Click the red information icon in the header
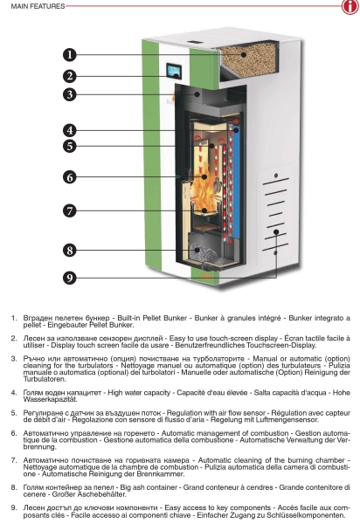tap(350, 6)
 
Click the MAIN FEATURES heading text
tap(38, 6)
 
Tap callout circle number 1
tap(70, 54)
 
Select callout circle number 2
tap(70, 76)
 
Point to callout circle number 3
tap(70, 94)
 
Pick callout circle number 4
tap(70, 130)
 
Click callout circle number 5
tap(70, 146)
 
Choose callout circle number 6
tap(70, 176)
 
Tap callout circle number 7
tap(70, 210)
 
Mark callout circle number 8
tap(70, 251)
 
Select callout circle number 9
tap(70, 278)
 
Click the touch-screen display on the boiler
tap(174, 71)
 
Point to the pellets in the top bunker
tap(248, 59)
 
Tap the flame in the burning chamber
tap(204, 192)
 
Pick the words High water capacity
tap(139, 393)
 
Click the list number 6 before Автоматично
tap(14, 433)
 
